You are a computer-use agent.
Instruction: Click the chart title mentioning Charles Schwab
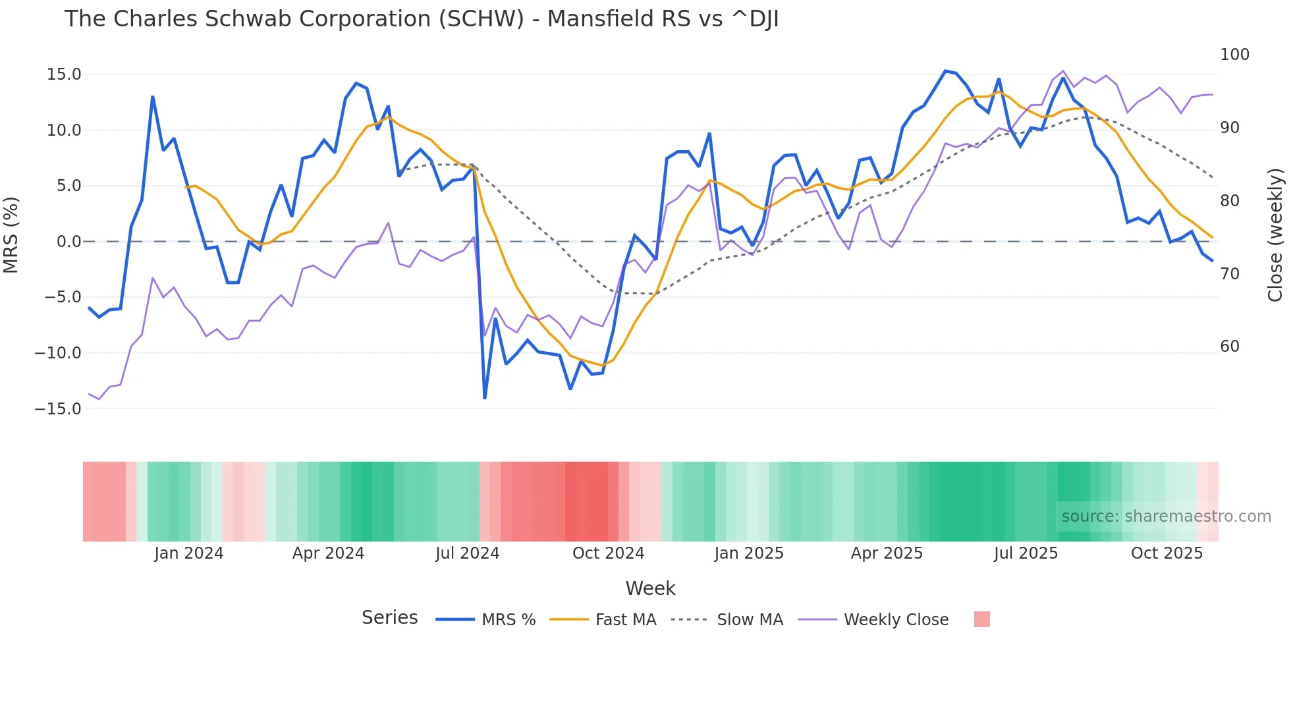pyautogui.click(x=422, y=19)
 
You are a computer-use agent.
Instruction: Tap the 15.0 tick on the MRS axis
pyautogui.click(x=64, y=74)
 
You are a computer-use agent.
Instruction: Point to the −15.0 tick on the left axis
pyautogui.click(x=58, y=409)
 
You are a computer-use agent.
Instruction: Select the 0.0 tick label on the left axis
pyautogui.click(x=69, y=242)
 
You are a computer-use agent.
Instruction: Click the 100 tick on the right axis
pyautogui.click(x=1234, y=55)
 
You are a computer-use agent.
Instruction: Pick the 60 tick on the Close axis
pyautogui.click(x=1230, y=347)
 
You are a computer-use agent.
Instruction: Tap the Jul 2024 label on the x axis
pyautogui.click(x=467, y=553)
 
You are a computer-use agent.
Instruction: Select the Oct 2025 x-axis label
pyautogui.click(x=1167, y=553)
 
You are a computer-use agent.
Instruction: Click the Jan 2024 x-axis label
pyautogui.click(x=189, y=553)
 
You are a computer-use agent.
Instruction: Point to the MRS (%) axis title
pyautogui.click(x=11, y=235)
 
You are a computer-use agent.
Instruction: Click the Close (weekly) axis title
pyautogui.click(x=1275, y=235)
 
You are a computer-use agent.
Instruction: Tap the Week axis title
pyautogui.click(x=650, y=588)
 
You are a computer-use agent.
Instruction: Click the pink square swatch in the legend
pyautogui.click(x=981, y=619)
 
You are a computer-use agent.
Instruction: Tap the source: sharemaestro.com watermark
pyautogui.click(x=1166, y=517)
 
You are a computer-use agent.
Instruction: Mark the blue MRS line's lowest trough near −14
pyautogui.click(x=485, y=398)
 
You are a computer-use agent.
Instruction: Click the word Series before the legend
pyautogui.click(x=389, y=618)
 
